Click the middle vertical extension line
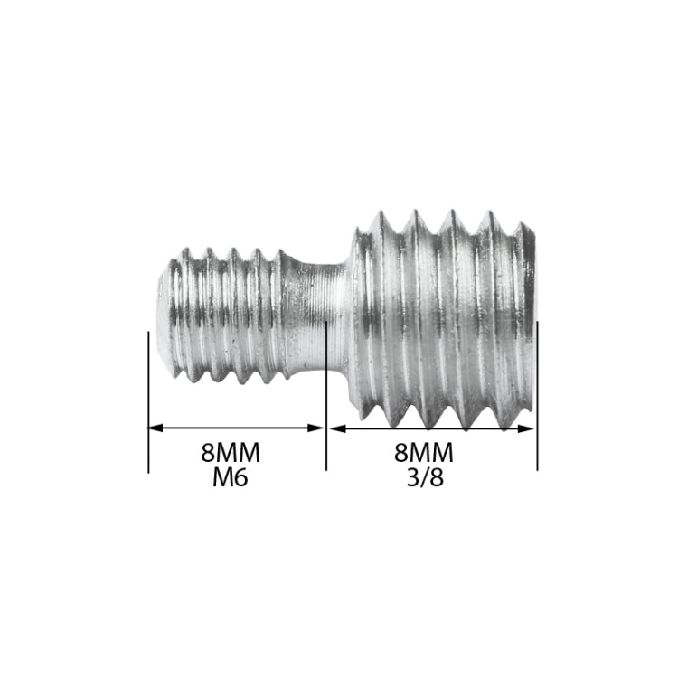click(x=325, y=398)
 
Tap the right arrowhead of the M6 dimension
click(x=317, y=428)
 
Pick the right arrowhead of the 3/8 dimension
click(x=529, y=428)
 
